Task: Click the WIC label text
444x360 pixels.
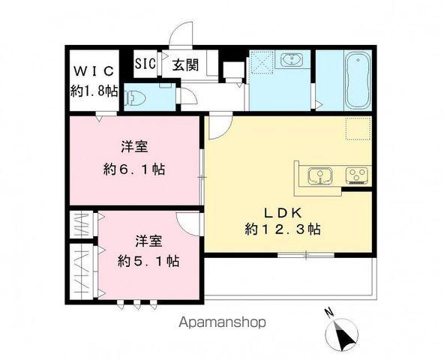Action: point(93,71)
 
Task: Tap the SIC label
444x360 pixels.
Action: point(145,64)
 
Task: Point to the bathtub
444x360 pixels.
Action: point(357,80)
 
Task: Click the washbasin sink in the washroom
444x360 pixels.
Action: point(289,61)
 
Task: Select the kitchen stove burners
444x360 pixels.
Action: point(355,177)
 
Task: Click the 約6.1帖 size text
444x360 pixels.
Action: point(136,169)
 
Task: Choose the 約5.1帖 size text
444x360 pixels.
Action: point(148,262)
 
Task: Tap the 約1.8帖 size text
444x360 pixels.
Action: point(92,91)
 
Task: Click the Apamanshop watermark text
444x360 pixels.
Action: point(222,323)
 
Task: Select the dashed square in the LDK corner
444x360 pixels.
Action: point(357,129)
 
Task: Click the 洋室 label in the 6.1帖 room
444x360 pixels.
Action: point(136,145)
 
